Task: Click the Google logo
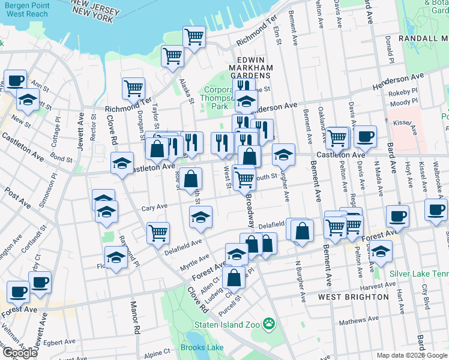pyautogui.click(x=20, y=353)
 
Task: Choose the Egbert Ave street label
pyautogui.click(x=59, y=343)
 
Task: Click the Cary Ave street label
pyautogui.click(x=154, y=207)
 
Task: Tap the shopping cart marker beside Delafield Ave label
pyautogui.click(x=158, y=232)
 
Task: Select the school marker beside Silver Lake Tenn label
pyautogui.click(x=381, y=253)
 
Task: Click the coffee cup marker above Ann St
pyautogui.click(x=15, y=80)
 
